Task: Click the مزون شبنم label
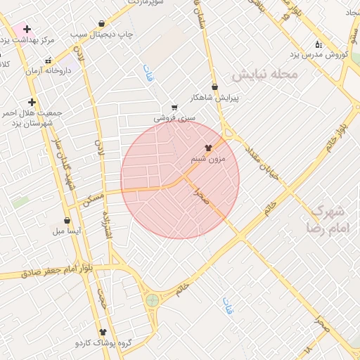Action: click(x=208, y=160)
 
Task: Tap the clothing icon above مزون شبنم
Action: click(x=208, y=148)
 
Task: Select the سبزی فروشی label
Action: click(x=174, y=119)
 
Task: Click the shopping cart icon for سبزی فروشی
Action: click(x=174, y=108)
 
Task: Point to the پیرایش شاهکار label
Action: click(x=214, y=98)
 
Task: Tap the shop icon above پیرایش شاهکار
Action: click(x=214, y=86)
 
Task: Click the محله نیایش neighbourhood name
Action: click(x=266, y=74)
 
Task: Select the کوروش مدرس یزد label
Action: click(x=321, y=55)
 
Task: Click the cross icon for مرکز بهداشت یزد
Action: click(x=27, y=30)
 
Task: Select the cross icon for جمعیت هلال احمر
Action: click(x=32, y=102)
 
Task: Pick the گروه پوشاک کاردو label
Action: click(x=104, y=343)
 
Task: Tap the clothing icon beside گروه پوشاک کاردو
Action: click(x=104, y=332)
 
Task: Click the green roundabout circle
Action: click(x=152, y=300)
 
